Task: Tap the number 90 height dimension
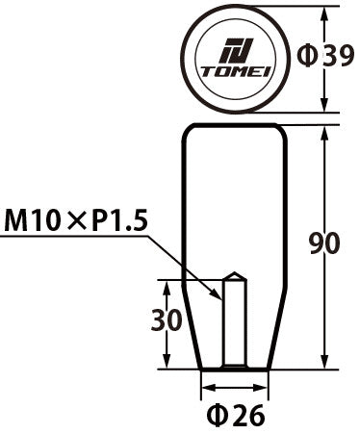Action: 325,244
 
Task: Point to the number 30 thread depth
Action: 167,320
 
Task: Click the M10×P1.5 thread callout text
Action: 75,223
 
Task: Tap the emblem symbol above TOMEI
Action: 234,52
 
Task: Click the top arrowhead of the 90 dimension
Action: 330,129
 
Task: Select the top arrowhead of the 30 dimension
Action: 167,284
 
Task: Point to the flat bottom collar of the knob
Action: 232,368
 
